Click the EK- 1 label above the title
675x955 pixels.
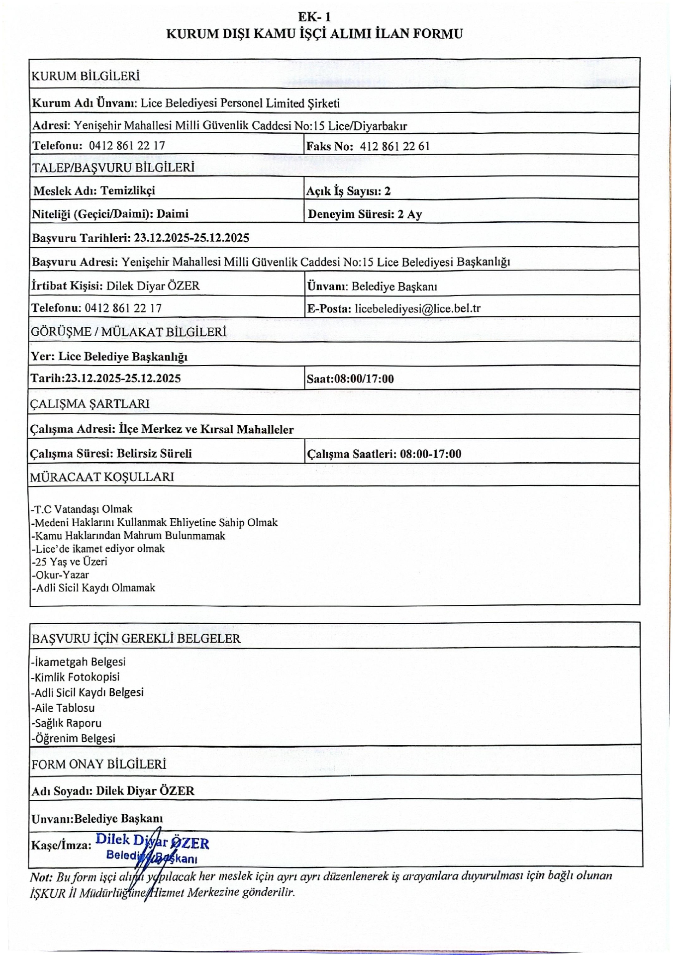click(314, 17)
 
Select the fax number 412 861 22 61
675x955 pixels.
click(394, 146)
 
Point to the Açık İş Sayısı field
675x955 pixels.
click(348, 191)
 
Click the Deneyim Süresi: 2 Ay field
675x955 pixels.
click(365, 214)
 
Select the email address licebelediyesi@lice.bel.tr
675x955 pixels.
click(417, 308)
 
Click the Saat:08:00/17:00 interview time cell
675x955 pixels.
click(350, 379)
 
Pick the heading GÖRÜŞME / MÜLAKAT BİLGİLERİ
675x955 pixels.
click(129, 332)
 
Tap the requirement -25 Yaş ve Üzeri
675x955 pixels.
click(69, 562)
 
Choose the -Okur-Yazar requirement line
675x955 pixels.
click(60, 574)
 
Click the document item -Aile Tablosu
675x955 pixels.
click(63, 707)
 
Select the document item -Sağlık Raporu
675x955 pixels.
click(66, 723)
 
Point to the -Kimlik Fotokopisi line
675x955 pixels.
click(75, 676)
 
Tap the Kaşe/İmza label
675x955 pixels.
click(61, 845)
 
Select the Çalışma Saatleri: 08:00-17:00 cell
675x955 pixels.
click(384, 454)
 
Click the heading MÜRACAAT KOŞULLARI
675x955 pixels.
click(102, 477)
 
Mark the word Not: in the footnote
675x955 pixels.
click(41, 876)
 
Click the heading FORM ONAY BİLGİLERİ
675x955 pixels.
click(98, 764)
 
